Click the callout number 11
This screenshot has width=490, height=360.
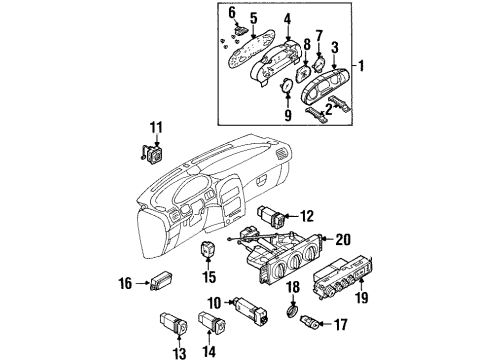tap(154, 127)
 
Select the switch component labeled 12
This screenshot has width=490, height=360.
tap(273, 214)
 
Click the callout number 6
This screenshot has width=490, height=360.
tap(230, 12)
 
